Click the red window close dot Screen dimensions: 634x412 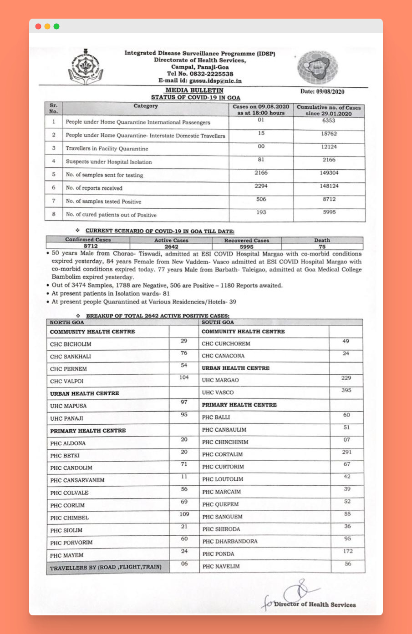point(38,26)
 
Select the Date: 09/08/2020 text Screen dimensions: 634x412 point(322,91)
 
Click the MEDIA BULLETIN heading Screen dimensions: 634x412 point(194,90)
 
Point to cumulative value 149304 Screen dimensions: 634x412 point(329,173)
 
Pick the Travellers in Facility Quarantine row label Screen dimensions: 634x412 point(107,149)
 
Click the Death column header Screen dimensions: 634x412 point(322,240)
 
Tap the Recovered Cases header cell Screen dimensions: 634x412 point(246,240)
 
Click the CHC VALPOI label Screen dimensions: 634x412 point(66,381)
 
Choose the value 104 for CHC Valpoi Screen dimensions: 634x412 point(184,377)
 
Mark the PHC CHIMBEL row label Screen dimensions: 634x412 point(69,518)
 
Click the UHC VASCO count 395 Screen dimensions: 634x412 point(346,390)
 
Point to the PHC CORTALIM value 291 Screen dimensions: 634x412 point(346,452)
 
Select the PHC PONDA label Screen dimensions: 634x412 point(218,554)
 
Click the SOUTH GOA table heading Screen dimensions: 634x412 point(218,322)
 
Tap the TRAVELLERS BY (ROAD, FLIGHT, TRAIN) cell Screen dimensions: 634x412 point(106,568)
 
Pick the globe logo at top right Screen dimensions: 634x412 point(318,67)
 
